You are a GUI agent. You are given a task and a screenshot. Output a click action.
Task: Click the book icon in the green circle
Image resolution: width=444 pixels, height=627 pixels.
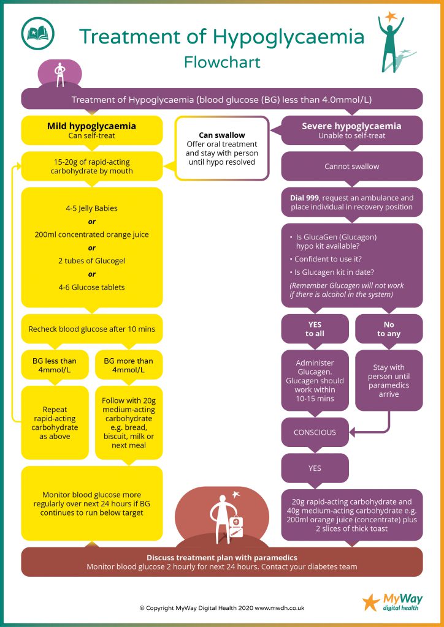[37, 34]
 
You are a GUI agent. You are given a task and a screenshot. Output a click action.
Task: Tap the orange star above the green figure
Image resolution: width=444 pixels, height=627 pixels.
[391, 17]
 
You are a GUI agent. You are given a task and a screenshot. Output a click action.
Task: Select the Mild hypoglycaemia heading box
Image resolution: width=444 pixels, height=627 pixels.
[92, 130]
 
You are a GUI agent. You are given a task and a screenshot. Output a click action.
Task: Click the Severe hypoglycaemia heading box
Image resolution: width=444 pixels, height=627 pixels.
[351, 130]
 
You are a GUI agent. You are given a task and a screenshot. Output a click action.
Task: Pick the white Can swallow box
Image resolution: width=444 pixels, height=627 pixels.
[222, 148]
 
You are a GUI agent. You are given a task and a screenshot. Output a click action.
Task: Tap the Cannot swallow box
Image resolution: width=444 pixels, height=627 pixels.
[351, 167]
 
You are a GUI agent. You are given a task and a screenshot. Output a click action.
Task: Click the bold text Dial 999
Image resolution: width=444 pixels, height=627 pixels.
[304, 198]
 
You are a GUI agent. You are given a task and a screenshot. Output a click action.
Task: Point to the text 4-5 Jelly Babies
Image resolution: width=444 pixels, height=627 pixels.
[92, 208]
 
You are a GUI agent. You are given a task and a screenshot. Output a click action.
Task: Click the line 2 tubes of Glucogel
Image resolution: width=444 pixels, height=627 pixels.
[92, 261]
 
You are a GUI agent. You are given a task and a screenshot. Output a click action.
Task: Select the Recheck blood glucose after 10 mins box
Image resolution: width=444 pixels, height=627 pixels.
[92, 329]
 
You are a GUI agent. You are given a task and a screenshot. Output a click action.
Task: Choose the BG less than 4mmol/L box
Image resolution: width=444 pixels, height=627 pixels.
[55, 365]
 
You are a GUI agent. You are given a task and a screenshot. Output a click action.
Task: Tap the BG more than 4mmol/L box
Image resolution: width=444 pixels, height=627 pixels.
[129, 365]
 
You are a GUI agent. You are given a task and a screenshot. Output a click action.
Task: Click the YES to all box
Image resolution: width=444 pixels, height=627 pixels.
[315, 329]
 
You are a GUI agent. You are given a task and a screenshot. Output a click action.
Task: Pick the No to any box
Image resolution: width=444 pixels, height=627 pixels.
[389, 329]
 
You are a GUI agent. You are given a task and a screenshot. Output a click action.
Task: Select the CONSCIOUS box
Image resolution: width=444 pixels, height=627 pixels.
[315, 432]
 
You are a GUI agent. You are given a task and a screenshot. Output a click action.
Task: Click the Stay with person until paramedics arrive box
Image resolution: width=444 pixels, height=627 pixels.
[389, 381]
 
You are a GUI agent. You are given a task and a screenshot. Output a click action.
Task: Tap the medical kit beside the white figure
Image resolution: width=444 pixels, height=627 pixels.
[235, 526]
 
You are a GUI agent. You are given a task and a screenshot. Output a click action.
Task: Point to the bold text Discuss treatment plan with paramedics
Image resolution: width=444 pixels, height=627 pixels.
[222, 557]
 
